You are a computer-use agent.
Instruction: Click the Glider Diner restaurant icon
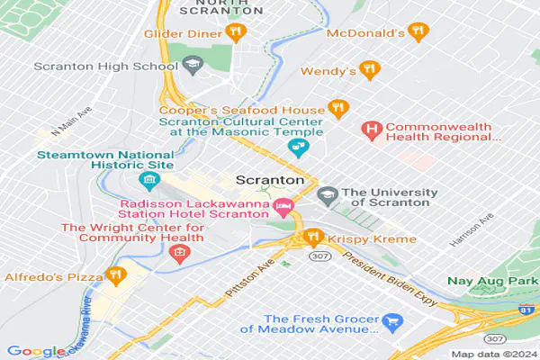click(235, 33)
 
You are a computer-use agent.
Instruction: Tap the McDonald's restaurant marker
click(417, 32)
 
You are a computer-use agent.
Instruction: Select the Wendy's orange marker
click(367, 69)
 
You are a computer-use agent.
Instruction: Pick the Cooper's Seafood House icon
click(337, 108)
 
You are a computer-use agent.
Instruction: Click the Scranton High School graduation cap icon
click(191, 66)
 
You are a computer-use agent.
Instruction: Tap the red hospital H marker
click(370, 130)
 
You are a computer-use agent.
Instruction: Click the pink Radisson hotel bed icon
click(283, 208)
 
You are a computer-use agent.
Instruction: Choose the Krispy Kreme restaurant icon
click(313, 238)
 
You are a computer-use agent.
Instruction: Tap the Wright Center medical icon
click(178, 250)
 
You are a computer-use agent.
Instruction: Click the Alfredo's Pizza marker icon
click(114, 274)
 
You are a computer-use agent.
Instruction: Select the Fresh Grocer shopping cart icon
click(391, 320)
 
